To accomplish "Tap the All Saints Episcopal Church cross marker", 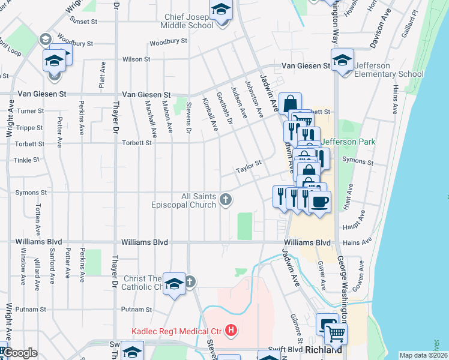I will pyautogui.click(x=226, y=199).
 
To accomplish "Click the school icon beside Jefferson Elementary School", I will pyautogui.click(x=343, y=61).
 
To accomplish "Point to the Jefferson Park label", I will pyautogui.click(x=348, y=142).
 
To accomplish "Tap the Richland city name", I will pyautogui.click(x=324, y=349).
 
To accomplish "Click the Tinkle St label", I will pyautogui.click(x=26, y=160).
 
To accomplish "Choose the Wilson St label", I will pyautogui.click(x=136, y=59).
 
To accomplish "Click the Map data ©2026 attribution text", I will pyautogui.click(x=423, y=355).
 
